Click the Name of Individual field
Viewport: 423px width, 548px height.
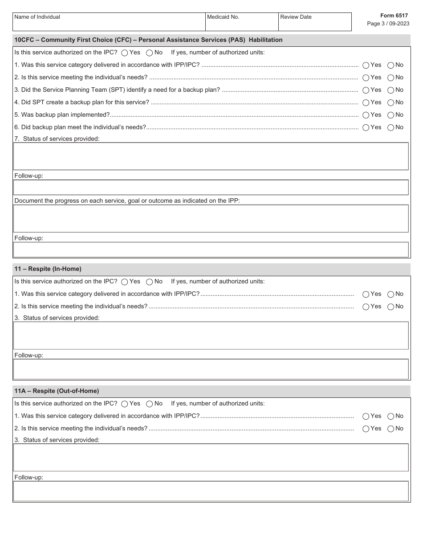point(109,24)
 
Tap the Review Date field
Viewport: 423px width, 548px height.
point(314,24)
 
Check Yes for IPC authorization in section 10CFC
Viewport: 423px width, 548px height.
point(125,53)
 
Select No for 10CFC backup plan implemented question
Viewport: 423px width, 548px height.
point(390,115)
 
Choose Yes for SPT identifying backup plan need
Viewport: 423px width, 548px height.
point(366,90)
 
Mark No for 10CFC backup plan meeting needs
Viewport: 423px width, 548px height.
point(390,127)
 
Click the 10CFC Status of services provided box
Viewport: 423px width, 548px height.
point(211,156)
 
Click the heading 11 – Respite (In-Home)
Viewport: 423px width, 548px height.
point(48,269)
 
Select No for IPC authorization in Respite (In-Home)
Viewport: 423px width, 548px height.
point(150,282)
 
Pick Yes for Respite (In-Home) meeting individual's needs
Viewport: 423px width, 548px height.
point(366,307)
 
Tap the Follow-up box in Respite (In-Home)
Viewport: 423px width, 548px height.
point(211,369)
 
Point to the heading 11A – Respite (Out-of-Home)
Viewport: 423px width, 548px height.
point(57,391)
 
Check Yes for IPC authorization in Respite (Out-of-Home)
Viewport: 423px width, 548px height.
point(125,404)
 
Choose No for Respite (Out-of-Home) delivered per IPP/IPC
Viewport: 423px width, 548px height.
point(390,416)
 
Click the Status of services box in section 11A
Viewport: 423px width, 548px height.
point(211,457)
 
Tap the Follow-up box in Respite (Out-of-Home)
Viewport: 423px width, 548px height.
point(211,491)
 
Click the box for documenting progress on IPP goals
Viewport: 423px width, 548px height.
point(211,218)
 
